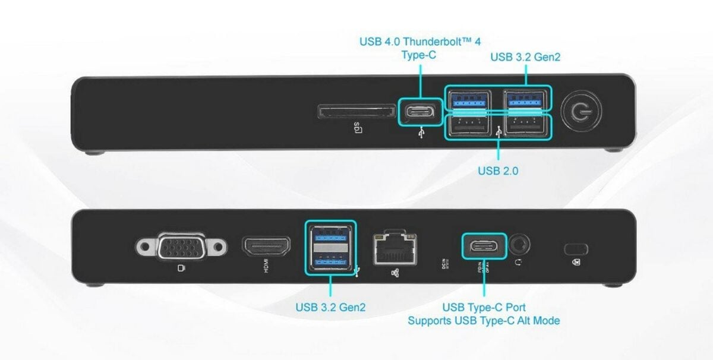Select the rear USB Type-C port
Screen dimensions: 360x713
484,245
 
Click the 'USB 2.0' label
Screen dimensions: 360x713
499,170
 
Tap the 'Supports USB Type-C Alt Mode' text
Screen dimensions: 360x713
484,321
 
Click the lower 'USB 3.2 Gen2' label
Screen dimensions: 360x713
330,307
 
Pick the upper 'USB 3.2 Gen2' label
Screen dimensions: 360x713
525,57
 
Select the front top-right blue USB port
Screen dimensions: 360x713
525,99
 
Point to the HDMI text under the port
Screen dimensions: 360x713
266,268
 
